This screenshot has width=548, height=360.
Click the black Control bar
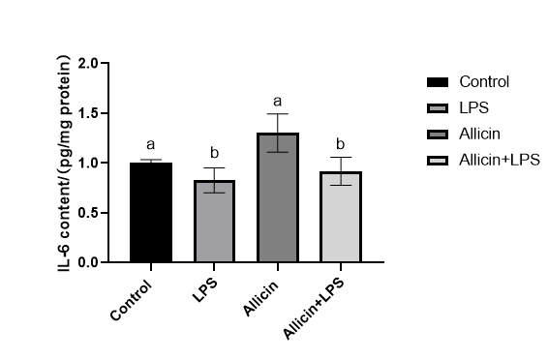point(151,212)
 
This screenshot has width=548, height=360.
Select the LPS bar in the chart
point(214,221)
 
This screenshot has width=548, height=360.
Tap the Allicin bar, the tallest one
point(278,197)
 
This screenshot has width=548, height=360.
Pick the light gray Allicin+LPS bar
point(341,217)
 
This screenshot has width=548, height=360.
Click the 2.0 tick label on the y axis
point(89,64)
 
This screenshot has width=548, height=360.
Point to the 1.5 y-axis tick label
point(89,113)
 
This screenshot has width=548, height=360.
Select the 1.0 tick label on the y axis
point(89,164)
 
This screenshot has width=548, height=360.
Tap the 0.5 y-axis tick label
point(89,213)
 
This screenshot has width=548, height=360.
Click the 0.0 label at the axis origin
point(89,262)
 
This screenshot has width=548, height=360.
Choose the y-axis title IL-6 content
point(65,164)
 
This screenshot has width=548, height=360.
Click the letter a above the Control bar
point(151,144)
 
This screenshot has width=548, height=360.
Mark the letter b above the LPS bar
point(214,152)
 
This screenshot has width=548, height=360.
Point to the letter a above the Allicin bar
point(278,102)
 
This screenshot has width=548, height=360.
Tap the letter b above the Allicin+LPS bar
point(341,143)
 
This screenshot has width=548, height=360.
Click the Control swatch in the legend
point(438,82)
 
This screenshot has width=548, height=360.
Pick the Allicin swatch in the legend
point(438,135)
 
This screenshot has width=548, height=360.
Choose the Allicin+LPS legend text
point(500,160)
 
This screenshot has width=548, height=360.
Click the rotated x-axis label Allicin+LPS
point(314,309)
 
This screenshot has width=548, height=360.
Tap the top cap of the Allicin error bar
point(278,114)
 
